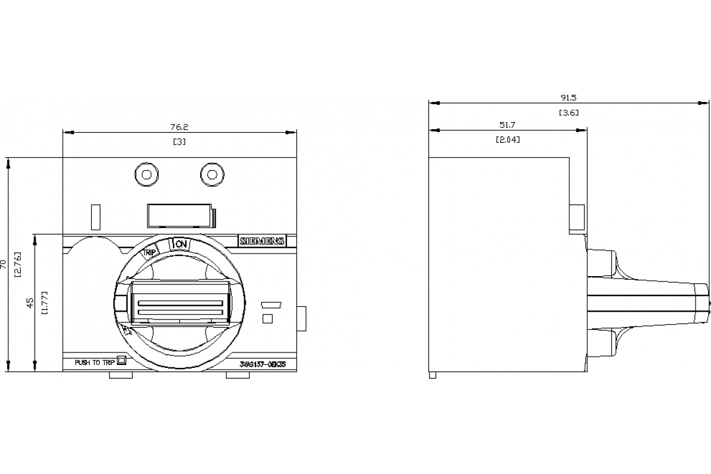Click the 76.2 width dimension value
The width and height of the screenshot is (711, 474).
click(179, 127)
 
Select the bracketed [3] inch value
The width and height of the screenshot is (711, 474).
click(179, 142)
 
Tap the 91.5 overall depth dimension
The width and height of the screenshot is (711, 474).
click(568, 98)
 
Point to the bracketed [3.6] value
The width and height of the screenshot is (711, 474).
click(568, 113)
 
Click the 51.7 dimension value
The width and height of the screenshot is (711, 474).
click(508, 124)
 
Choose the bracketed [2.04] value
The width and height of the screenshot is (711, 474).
click(508, 140)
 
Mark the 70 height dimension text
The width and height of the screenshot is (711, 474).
click(5, 264)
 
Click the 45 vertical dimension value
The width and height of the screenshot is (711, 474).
click(30, 303)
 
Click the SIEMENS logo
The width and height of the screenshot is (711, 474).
click(262, 241)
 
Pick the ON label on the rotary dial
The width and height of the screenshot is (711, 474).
click(180, 244)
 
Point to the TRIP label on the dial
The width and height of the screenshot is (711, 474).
click(150, 252)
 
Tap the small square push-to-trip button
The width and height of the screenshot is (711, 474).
click(121, 360)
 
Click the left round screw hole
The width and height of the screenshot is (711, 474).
click(146, 174)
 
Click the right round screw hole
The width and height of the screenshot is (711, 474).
click(211, 174)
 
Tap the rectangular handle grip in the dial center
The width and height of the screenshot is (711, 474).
click(180, 302)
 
